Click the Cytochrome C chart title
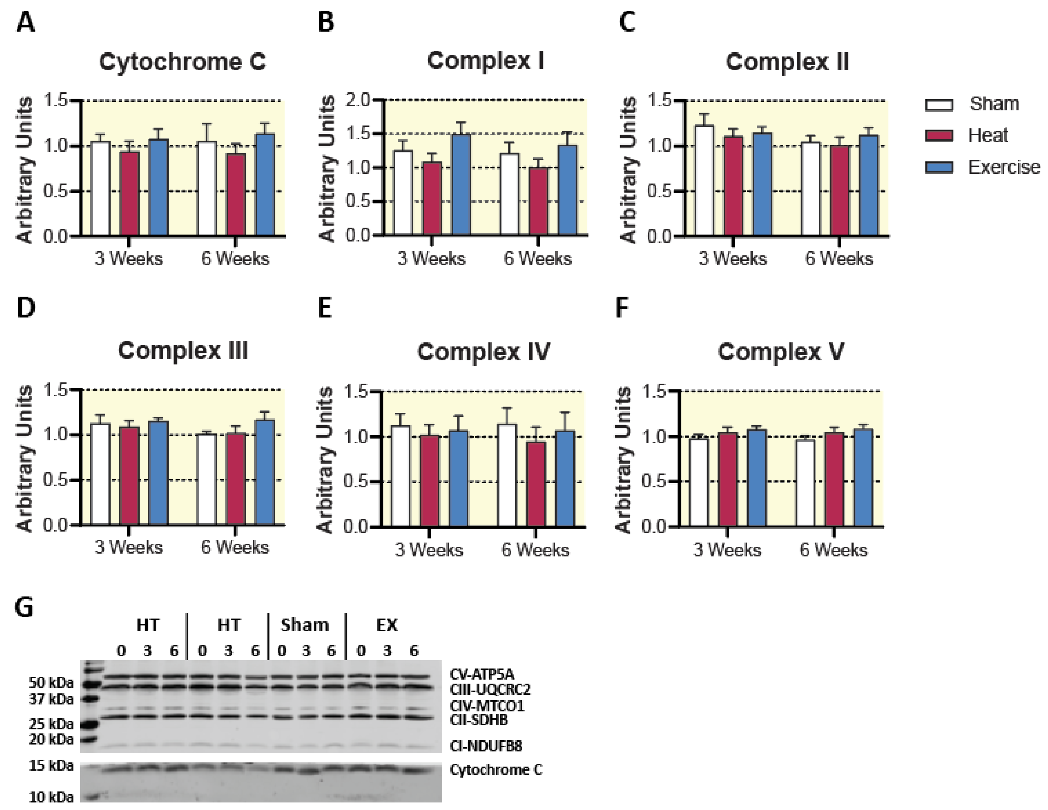(x=182, y=62)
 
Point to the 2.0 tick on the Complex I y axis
(x=358, y=100)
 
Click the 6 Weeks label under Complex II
(x=839, y=259)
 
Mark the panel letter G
(x=24, y=607)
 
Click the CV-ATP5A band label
(x=482, y=674)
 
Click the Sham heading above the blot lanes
(x=305, y=625)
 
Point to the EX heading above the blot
(x=387, y=625)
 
